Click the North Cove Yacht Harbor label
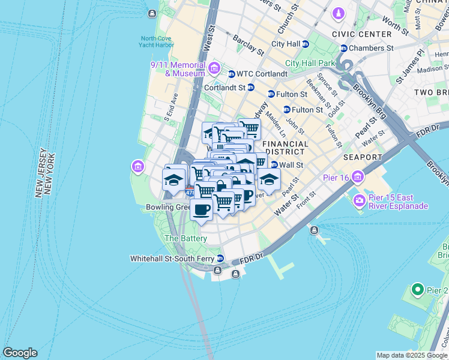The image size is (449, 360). pyautogui.click(x=157, y=41)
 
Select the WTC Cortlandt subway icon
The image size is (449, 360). pyautogui.click(x=232, y=74)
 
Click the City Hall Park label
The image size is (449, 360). pyautogui.click(x=310, y=63)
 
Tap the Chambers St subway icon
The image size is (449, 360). pyautogui.click(x=344, y=48)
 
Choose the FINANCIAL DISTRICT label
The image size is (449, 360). pyautogui.click(x=286, y=148)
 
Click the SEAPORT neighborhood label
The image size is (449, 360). pyautogui.click(x=363, y=157)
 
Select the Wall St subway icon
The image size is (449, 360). pyautogui.click(x=274, y=165)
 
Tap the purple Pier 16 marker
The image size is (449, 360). pyautogui.click(x=359, y=176)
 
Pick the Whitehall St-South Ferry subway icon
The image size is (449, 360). pyautogui.click(x=220, y=259)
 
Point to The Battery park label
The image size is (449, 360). pyautogui.click(x=186, y=238)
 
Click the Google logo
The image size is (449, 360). pyautogui.click(x=20, y=353)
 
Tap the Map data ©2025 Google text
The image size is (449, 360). pyautogui.click(x=412, y=355)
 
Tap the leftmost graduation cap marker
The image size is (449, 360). pyautogui.click(x=173, y=180)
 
